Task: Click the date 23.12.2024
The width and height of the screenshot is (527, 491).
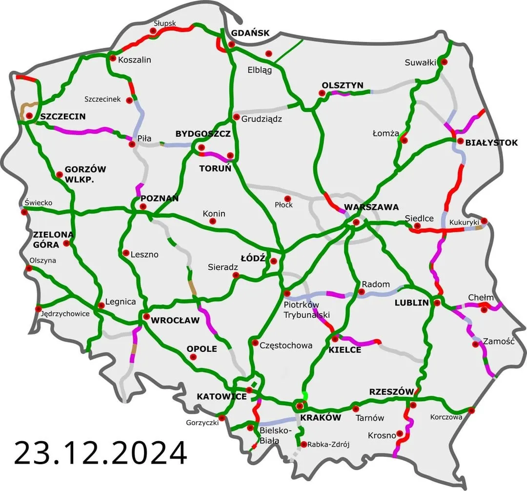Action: pos(101,453)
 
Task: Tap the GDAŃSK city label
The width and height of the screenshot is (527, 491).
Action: pos(250,33)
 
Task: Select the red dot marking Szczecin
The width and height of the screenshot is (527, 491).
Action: pos(29,116)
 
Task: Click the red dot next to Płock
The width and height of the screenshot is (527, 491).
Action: pos(287,199)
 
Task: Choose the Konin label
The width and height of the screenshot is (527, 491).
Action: pos(214,214)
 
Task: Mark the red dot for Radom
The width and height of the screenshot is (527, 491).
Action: pos(362,292)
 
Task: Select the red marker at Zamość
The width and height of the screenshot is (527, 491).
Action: pos(476,344)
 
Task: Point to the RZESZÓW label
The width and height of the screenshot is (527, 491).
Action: pos(392,391)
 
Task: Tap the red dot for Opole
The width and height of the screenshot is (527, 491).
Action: pos(193,357)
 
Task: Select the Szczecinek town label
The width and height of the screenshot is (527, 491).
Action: pos(102,99)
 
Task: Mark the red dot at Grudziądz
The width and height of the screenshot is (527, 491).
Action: pos(236,117)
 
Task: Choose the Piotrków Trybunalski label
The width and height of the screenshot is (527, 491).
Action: pos(307,311)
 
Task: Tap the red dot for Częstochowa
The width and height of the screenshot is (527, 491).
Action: pos(255,343)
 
